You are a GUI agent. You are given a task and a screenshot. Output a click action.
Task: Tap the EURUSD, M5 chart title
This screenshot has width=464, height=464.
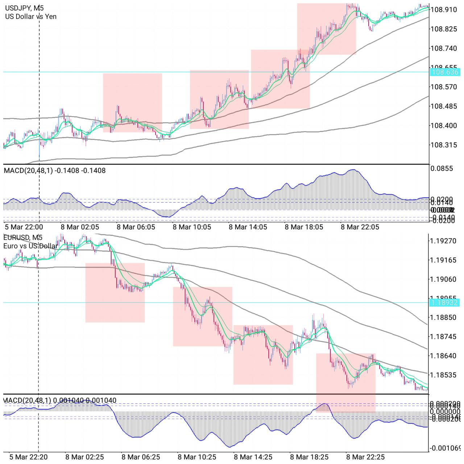[x=22, y=237]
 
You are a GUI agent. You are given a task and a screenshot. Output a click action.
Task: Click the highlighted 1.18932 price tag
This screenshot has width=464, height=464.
[x=444, y=303]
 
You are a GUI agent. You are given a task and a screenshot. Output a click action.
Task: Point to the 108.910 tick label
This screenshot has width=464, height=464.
[x=443, y=10]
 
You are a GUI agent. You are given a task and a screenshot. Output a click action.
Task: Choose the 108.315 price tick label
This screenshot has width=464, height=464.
[x=443, y=145]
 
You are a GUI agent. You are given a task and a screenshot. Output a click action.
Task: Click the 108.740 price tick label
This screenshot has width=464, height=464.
[x=443, y=48]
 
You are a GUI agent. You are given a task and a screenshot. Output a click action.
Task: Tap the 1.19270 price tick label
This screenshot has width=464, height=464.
[x=443, y=241]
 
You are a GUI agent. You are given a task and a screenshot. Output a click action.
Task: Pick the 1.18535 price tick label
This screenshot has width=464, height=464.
[x=443, y=375]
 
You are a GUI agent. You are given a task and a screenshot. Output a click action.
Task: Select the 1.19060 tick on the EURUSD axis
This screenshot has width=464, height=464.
[x=443, y=279]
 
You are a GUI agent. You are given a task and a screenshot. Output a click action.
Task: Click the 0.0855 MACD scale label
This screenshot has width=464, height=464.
[x=442, y=169]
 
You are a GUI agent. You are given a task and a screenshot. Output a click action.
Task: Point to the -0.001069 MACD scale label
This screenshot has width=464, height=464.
[x=445, y=448]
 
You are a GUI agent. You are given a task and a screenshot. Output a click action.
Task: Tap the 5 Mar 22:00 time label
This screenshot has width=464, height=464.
[x=24, y=227]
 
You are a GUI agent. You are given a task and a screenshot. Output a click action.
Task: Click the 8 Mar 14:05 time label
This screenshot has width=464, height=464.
[x=248, y=227]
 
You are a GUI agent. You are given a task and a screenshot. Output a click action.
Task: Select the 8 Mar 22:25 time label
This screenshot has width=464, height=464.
[x=365, y=457]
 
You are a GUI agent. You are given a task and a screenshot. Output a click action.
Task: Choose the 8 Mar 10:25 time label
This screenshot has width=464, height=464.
[x=197, y=457]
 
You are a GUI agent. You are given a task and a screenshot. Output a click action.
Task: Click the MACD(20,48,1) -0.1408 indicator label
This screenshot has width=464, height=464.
[x=55, y=170]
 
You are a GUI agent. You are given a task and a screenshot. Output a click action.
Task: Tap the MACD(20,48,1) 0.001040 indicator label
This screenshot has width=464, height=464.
[x=60, y=401]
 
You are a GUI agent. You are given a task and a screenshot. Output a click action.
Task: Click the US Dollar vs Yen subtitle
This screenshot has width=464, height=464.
[x=31, y=16]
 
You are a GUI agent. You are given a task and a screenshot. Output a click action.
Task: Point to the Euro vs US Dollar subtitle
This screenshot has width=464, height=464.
[x=30, y=246]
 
